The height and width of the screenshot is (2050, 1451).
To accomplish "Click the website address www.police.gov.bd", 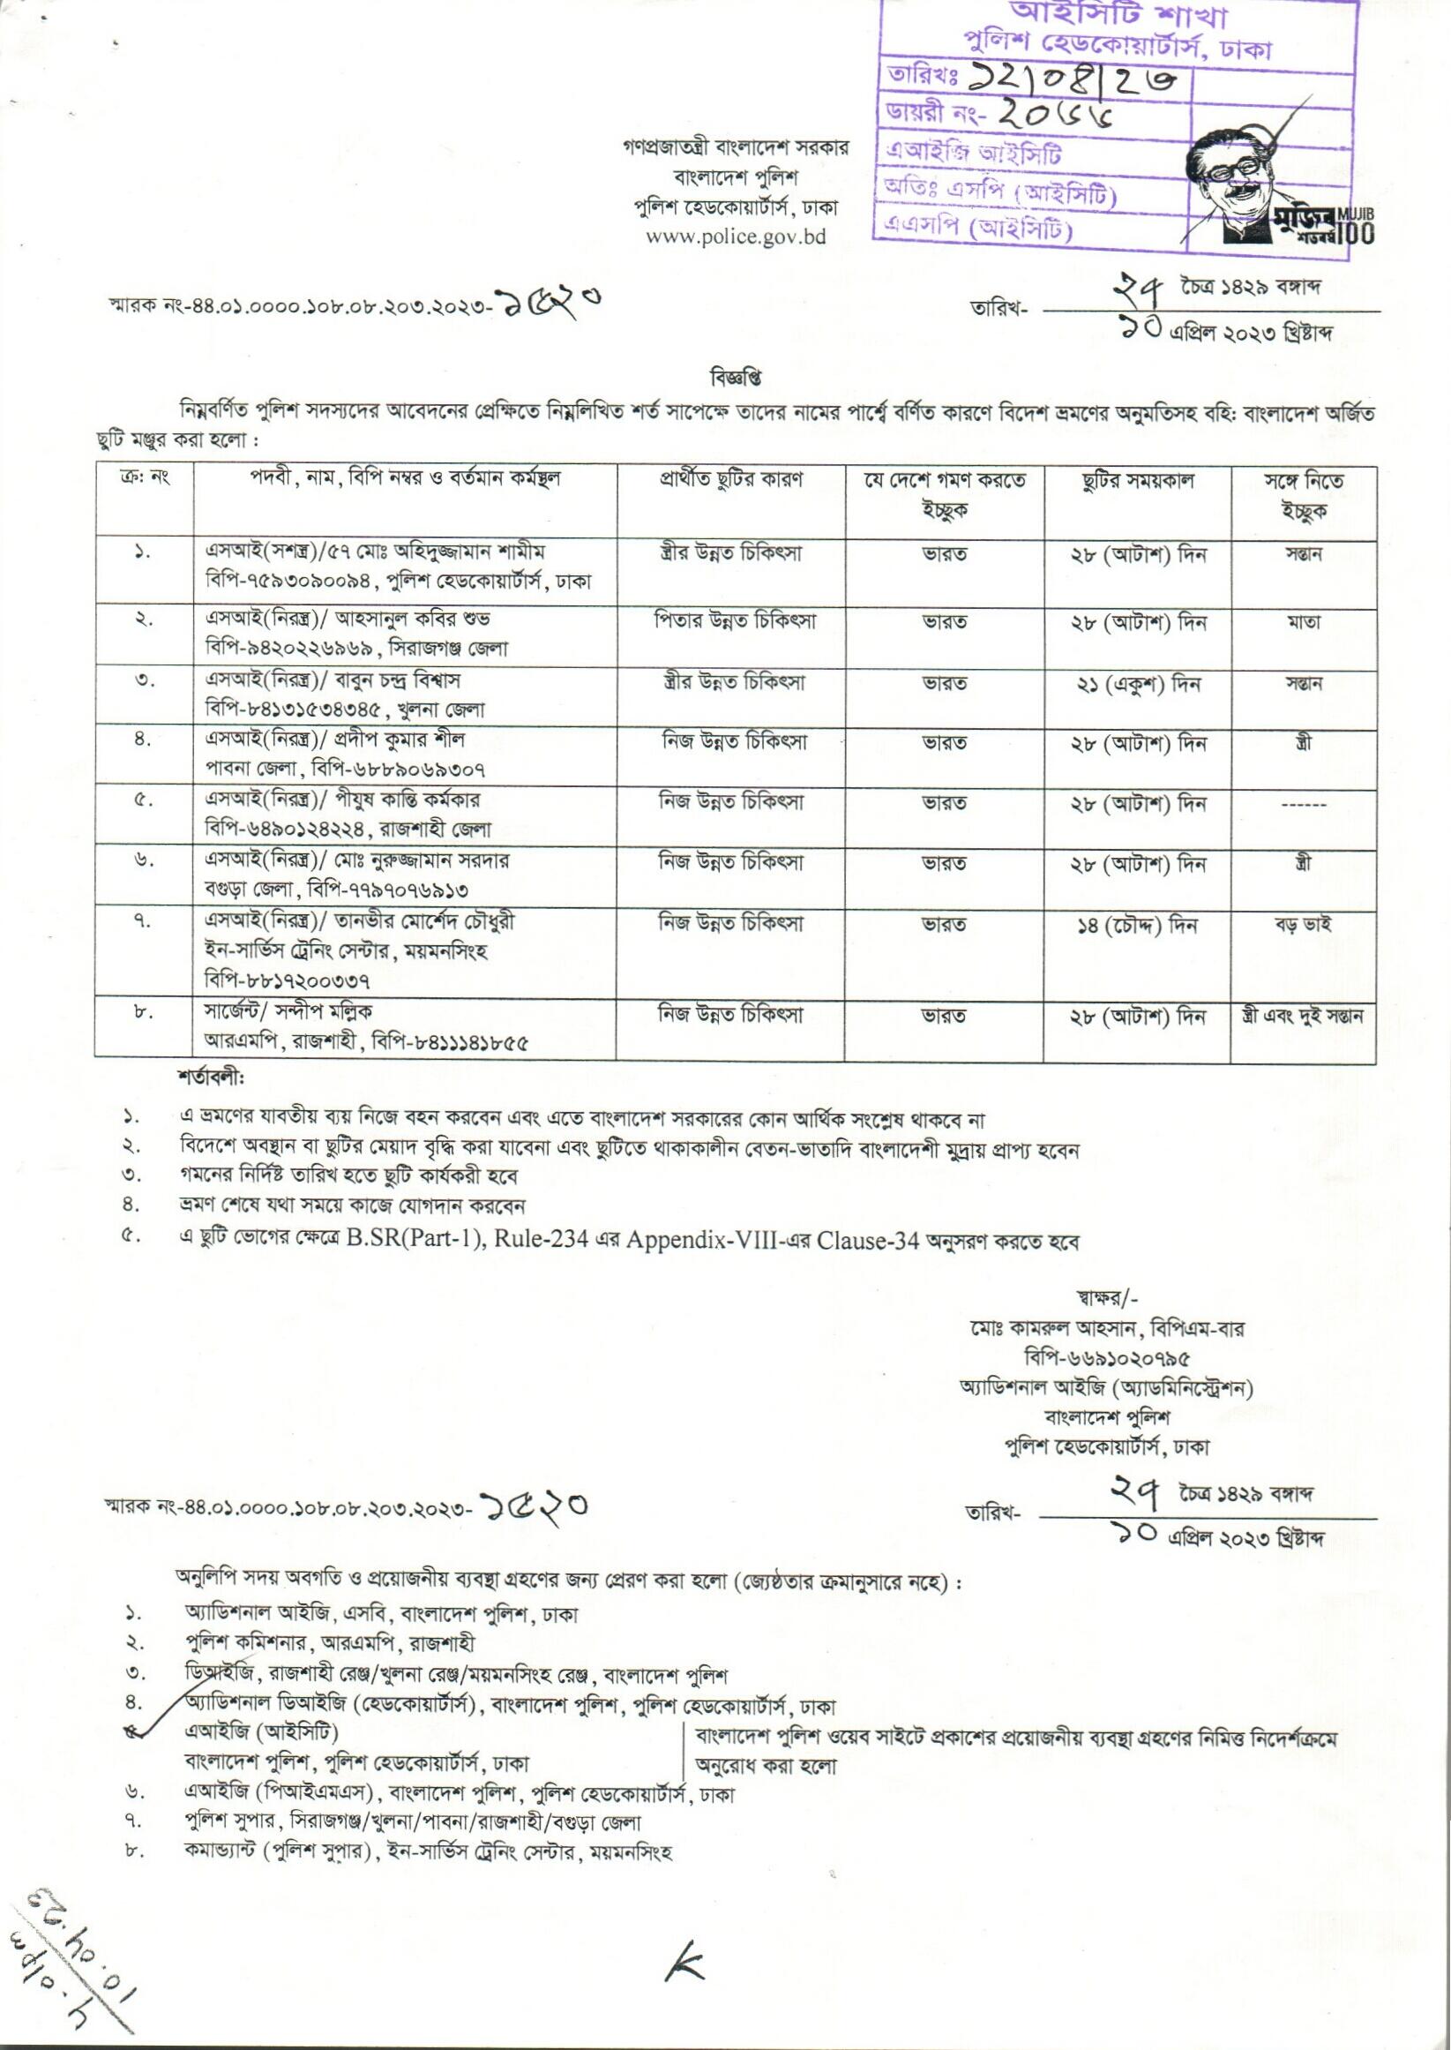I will tap(736, 237).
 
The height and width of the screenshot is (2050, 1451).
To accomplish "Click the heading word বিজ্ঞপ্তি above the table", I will tap(735, 378).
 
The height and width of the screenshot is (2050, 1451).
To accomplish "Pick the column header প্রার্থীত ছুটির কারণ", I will tap(731, 480).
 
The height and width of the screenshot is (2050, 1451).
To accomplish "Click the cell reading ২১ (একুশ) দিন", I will tap(1136, 685).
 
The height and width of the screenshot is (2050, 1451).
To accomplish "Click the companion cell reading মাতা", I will tap(1304, 622).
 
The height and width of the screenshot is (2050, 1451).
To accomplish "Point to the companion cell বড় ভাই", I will tap(1303, 924).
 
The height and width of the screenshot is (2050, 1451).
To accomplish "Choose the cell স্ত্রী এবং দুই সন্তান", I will tap(1303, 1016).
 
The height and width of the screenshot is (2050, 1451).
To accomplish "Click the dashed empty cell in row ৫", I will tap(1304, 805).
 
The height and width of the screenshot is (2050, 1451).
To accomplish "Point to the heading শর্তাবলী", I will tap(211, 1078).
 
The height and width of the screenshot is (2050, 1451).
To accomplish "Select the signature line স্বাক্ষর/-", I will tap(1107, 1299).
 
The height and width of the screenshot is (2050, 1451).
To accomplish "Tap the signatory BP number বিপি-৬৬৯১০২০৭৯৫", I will tap(1107, 1359).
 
